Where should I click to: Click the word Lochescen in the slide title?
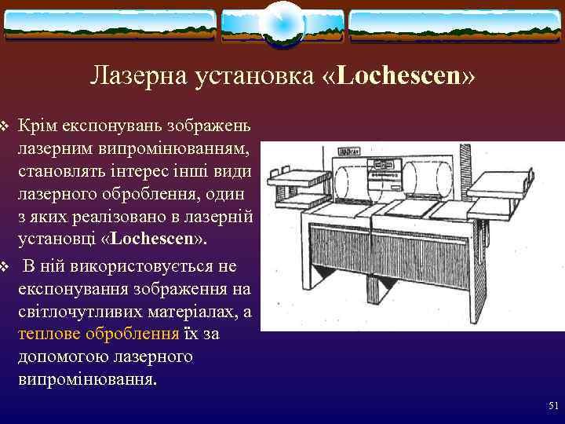point(403,76)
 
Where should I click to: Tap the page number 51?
point(552,406)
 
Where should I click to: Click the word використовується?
point(139,267)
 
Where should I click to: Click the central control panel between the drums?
point(388,177)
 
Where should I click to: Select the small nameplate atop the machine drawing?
point(348,148)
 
